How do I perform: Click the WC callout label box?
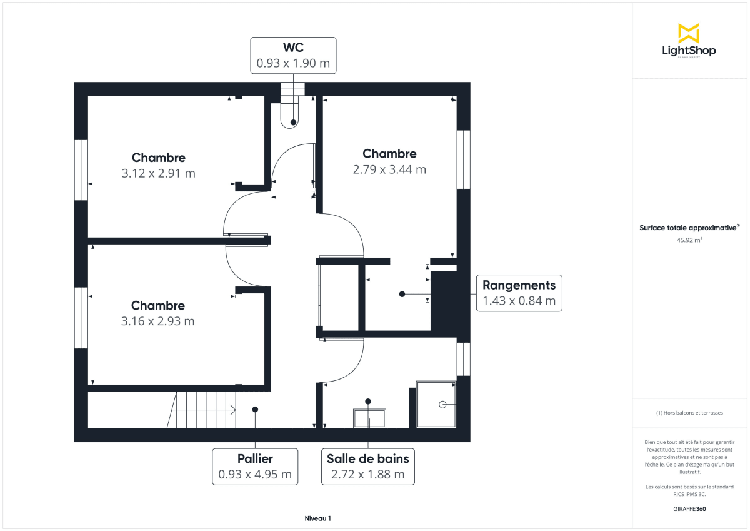[293, 56]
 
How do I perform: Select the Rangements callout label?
[519, 293]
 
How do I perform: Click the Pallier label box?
[255, 467]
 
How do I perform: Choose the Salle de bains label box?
[368, 467]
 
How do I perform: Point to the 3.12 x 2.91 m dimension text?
[158, 173]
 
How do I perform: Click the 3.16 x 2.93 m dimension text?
[158, 321]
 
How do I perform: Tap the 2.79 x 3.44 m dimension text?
[389, 169]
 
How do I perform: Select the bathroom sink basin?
[369, 418]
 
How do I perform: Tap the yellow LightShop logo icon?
[689, 33]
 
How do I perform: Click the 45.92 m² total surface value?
[689, 239]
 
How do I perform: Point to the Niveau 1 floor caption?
[317, 518]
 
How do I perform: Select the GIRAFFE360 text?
[689, 509]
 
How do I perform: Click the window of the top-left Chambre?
[81, 169]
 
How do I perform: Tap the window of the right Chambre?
[463, 159]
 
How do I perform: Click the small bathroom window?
[463, 358]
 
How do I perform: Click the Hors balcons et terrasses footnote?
[689, 413]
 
